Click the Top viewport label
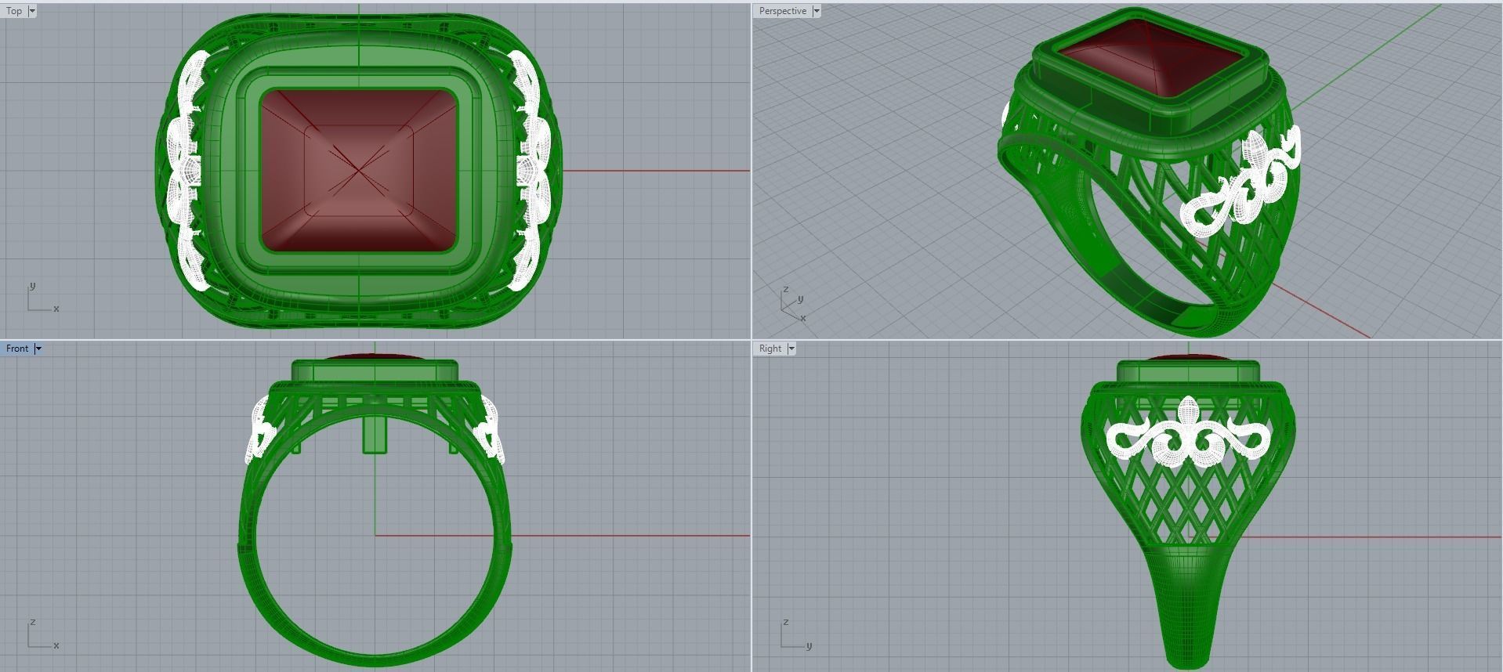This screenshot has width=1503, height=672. [x=14, y=11]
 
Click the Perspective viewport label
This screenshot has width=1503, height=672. [x=782, y=11]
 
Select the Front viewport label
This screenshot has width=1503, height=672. [x=16, y=349]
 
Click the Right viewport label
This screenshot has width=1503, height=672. [x=770, y=349]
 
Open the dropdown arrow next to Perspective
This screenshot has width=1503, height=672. [x=817, y=11]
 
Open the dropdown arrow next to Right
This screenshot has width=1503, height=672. [x=791, y=349]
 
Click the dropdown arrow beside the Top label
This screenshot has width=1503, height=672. [x=32, y=11]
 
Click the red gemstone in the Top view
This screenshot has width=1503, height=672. [x=358, y=170]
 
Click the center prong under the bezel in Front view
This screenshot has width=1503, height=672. [x=375, y=435]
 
